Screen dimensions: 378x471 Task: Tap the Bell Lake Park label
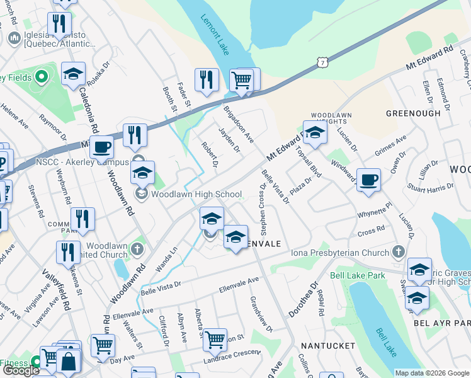358,275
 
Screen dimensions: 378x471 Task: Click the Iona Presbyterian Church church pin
397,253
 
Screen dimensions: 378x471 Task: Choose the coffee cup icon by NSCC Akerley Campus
101,148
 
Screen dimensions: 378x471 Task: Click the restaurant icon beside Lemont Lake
207,80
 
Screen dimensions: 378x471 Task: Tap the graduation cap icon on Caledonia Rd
73,74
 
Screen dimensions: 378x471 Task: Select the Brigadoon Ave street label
239,124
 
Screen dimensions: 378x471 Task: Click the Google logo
21,370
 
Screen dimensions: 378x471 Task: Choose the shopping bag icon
68,362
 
